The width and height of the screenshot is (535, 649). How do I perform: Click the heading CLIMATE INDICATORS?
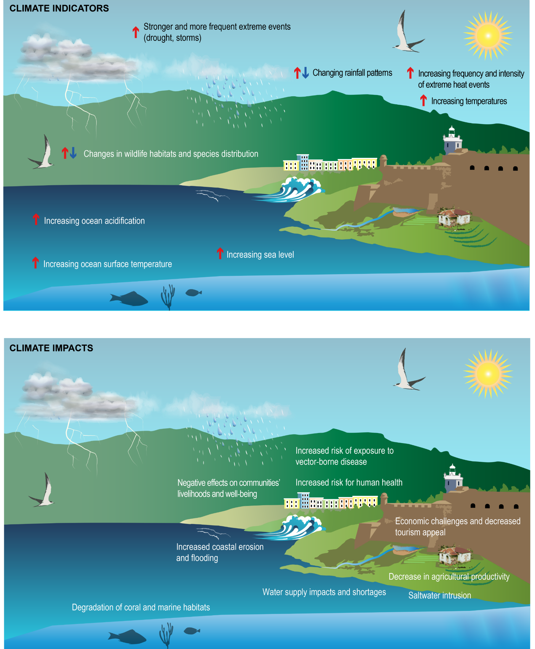point(59,8)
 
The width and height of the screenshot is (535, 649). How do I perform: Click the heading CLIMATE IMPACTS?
point(51,348)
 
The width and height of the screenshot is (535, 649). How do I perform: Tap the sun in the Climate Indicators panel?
point(488,35)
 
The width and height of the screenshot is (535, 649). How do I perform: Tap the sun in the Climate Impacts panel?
point(488,373)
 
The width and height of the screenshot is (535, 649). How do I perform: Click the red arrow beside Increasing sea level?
point(220,253)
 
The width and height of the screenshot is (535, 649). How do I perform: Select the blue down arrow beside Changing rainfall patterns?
point(305,73)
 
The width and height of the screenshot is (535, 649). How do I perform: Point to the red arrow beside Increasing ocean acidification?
point(36,219)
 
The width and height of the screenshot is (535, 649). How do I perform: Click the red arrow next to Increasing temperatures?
point(423,100)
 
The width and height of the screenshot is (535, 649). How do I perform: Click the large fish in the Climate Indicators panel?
point(129,299)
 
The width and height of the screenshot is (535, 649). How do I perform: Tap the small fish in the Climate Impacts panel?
point(192,631)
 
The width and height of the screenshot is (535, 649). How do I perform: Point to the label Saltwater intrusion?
point(440,596)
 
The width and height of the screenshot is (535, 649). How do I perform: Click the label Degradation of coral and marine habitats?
point(141,607)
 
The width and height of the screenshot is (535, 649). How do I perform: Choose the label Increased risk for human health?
point(349,482)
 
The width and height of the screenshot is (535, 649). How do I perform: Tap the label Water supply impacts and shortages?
point(324,592)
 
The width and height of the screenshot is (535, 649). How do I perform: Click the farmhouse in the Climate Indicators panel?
point(455,218)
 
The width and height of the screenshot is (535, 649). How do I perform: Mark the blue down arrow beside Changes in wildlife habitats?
point(73,153)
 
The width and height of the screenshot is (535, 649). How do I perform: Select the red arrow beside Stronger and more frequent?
point(135,32)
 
